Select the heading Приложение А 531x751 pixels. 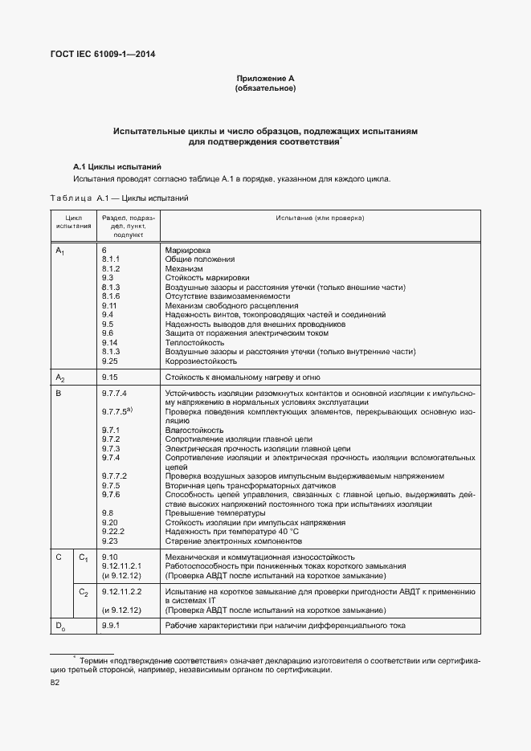click(265, 78)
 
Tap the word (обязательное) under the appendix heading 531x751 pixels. click(265, 88)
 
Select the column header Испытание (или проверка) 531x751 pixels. click(320, 218)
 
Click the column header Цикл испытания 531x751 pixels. click(73, 222)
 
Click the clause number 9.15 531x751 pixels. click(110, 377)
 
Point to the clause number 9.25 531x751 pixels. click(110, 361)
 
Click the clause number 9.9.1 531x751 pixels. click(111, 625)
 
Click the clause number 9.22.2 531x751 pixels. click(112, 532)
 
